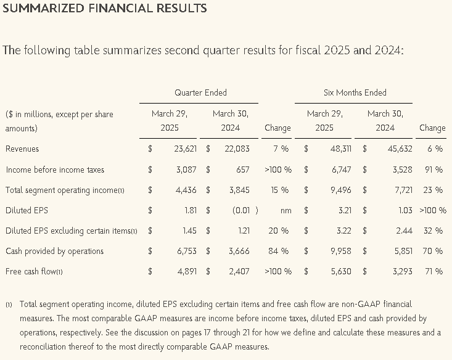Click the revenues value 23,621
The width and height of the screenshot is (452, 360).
point(186,149)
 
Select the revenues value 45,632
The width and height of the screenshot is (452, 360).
point(400,149)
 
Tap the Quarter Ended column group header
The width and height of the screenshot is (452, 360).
point(200,92)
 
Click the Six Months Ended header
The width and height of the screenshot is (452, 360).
point(355,92)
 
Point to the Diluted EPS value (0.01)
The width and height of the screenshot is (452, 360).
point(245,210)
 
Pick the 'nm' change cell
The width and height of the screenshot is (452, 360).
point(286,211)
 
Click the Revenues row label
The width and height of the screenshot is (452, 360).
point(22,149)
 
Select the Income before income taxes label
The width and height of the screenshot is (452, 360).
point(55,170)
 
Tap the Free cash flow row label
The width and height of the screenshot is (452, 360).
point(34,271)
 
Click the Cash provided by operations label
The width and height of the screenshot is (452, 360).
point(54,251)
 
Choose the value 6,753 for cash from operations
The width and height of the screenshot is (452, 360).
point(187,251)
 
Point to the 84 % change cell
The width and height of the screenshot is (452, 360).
point(279,251)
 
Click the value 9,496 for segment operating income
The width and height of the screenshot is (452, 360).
point(341,190)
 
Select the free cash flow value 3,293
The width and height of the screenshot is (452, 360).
point(403,271)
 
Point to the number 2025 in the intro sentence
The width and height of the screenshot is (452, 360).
point(337,50)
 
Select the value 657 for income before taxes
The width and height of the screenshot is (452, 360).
point(243,170)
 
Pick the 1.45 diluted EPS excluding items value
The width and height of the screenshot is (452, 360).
point(190,231)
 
